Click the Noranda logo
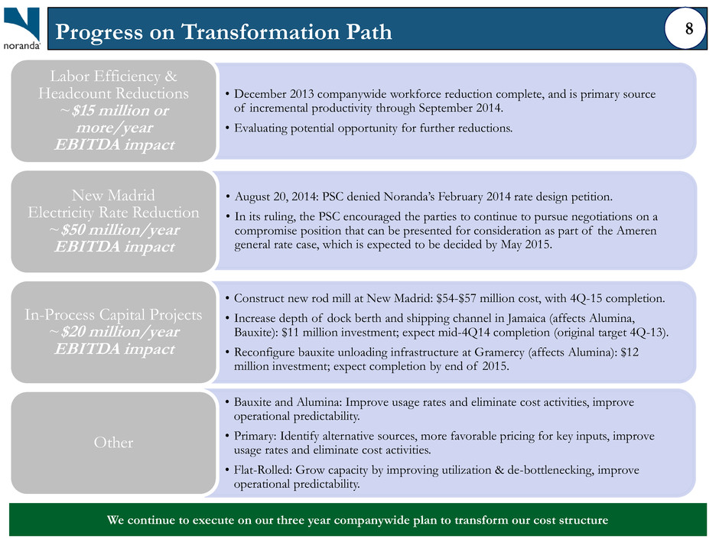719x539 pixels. (x=21, y=28)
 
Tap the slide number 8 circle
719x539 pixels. (x=686, y=28)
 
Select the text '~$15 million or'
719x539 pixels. (x=114, y=110)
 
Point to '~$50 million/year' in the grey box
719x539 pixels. (x=114, y=229)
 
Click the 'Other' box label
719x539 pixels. (x=114, y=443)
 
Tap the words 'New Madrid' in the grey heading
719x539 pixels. (x=114, y=195)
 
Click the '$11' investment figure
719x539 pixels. (x=288, y=333)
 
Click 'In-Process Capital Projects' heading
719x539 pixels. (x=114, y=314)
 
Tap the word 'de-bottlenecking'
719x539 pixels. (x=550, y=470)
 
